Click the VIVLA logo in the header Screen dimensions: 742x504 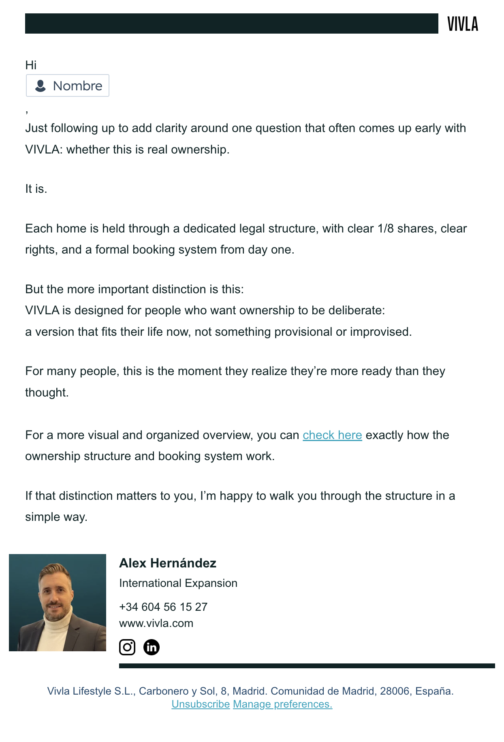(x=463, y=24)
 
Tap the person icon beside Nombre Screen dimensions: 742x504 (x=41, y=86)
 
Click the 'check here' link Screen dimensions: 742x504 (x=332, y=435)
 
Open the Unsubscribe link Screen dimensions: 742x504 (x=201, y=704)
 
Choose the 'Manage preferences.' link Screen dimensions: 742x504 (x=282, y=704)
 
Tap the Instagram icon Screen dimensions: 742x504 (x=127, y=647)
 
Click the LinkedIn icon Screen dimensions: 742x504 (x=152, y=647)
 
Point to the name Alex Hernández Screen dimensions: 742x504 (x=168, y=563)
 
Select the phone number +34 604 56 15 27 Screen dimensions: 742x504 (x=163, y=607)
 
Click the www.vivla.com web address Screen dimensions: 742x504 (x=156, y=623)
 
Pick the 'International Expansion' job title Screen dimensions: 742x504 (x=178, y=583)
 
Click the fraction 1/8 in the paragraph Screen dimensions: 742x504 (x=385, y=228)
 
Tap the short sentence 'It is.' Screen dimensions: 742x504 (x=36, y=189)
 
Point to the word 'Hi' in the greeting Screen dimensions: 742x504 (x=31, y=65)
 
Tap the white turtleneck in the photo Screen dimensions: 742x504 (x=57, y=632)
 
